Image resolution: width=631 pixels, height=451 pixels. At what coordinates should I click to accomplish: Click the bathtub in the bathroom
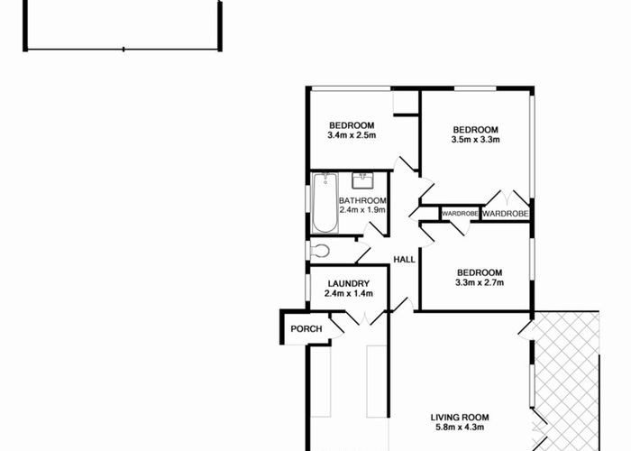point(324,202)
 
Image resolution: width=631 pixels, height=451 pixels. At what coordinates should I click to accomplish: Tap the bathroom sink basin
point(364,179)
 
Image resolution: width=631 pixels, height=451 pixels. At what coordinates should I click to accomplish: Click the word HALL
point(405,260)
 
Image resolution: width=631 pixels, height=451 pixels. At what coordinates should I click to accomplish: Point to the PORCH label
point(306,329)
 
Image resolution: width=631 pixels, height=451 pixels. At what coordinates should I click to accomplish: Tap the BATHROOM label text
point(362,200)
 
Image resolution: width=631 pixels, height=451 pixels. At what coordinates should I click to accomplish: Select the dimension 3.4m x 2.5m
point(352,136)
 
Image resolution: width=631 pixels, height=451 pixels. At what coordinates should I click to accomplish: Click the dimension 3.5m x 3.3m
point(476,140)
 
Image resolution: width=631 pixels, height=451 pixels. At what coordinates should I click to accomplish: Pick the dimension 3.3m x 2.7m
point(479,283)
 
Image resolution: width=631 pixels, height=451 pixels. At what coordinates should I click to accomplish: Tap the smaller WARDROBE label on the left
point(460,214)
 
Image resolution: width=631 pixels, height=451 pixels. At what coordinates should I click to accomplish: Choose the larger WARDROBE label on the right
point(504,214)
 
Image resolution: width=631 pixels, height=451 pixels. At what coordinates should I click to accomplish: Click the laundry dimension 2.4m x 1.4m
point(349,293)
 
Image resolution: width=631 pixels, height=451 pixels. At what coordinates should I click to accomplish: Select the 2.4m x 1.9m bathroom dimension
point(362,210)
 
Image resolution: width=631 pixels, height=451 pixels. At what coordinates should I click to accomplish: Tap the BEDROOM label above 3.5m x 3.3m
point(476,129)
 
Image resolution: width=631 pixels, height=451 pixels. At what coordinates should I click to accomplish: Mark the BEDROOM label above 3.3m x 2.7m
point(479,272)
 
